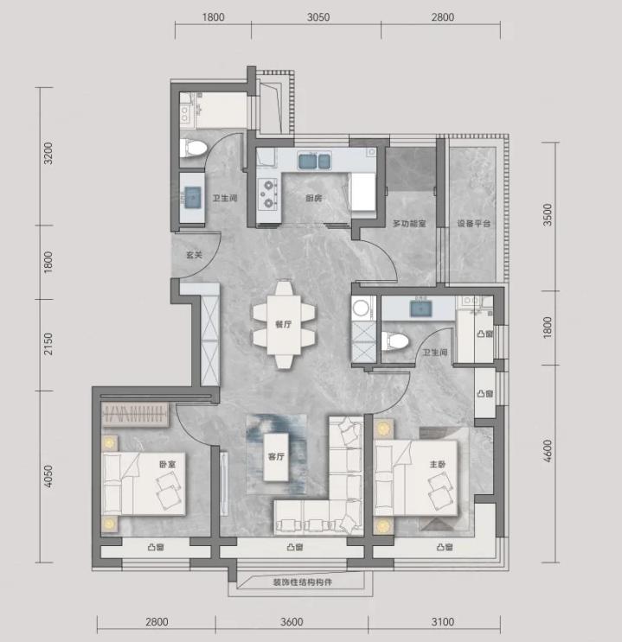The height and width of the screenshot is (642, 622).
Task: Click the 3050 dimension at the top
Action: coord(318,17)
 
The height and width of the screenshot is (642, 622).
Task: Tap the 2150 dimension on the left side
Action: coord(48,344)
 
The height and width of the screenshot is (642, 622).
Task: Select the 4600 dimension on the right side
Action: coord(548,451)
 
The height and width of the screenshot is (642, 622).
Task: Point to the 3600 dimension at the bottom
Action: coord(292,622)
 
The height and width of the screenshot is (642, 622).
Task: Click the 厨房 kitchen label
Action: coord(314,198)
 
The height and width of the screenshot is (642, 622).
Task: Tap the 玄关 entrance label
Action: coord(195,255)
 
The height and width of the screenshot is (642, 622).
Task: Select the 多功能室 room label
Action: coord(409,224)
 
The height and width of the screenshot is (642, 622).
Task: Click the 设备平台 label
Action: coord(474,224)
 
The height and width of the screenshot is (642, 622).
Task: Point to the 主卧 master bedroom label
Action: coord(438,464)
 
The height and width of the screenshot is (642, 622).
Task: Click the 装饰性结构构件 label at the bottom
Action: coord(303,582)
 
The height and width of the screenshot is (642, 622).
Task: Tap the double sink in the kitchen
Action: coord(315,161)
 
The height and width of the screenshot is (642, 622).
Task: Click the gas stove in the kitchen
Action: coord(267,194)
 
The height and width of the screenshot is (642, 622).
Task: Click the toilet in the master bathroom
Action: coord(394,341)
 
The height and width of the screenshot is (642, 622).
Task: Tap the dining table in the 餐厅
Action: coord(284,324)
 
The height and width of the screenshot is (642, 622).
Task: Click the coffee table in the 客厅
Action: coord(276,457)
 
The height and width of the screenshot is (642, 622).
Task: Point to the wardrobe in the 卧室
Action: coord(135,415)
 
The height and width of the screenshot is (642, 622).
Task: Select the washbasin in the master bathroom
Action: coord(420,308)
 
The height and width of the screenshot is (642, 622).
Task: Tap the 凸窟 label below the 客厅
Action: coord(295,547)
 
